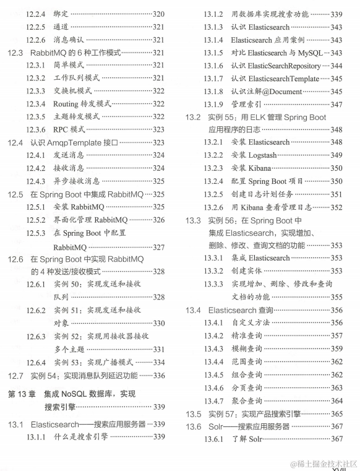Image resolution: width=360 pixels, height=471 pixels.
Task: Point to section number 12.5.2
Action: coord(36,220)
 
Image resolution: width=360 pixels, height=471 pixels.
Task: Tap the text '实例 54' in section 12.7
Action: coord(43,375)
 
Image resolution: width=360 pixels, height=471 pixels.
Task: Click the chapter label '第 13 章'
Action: coord(22,394)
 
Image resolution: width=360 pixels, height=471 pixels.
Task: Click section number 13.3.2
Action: coord(215,271)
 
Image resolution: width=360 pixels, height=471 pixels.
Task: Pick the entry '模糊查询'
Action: coord(247,348)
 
